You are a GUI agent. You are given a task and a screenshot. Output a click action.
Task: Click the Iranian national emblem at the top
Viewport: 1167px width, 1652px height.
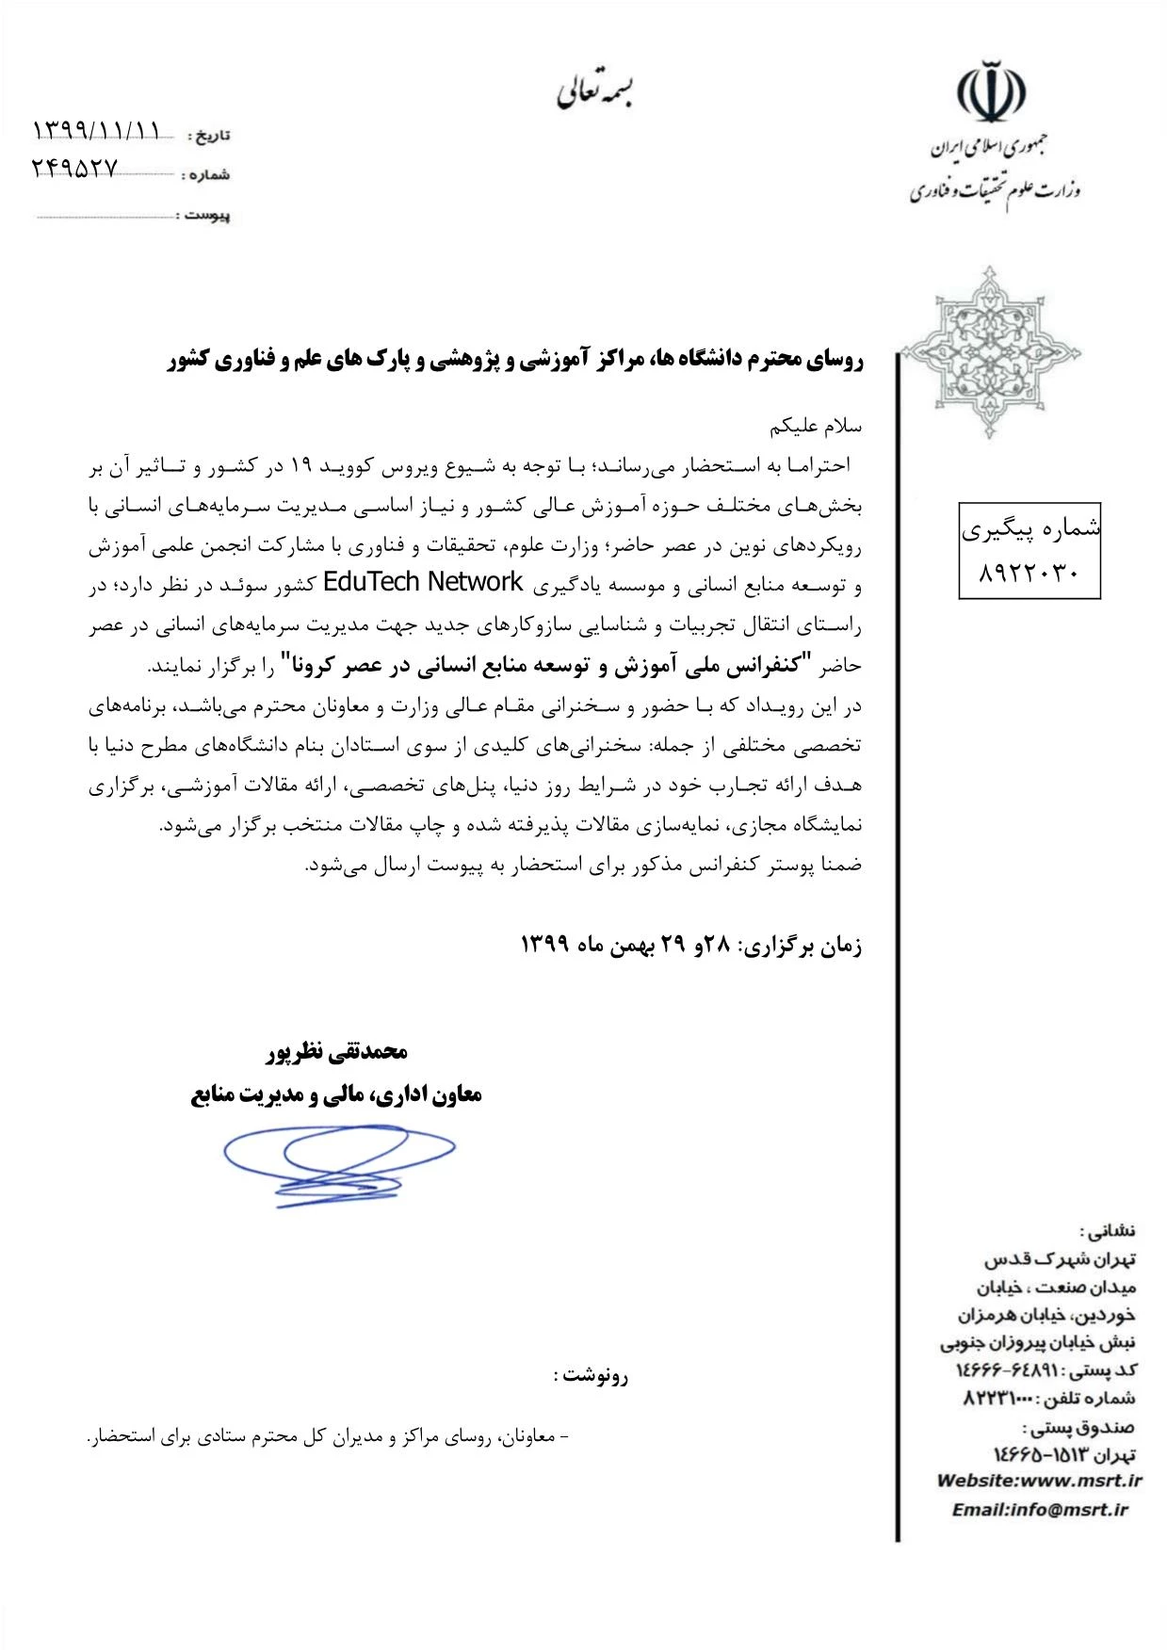992,91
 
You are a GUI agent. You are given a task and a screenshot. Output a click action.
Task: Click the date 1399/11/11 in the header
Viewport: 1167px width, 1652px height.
97,129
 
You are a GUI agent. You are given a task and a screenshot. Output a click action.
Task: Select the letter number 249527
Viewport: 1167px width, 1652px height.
76,169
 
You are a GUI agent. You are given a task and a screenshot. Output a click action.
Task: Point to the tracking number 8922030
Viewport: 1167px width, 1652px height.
1029,573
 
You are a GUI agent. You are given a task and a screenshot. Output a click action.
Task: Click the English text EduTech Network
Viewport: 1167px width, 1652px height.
422,583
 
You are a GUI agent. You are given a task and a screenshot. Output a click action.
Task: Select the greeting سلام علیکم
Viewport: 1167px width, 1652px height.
816,426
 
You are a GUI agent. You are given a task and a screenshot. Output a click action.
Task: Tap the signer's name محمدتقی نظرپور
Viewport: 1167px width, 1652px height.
336,1052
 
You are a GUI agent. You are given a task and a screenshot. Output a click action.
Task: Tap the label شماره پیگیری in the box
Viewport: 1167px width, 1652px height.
1030,530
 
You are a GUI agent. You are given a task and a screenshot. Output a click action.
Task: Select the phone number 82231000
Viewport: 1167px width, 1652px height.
997,1399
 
